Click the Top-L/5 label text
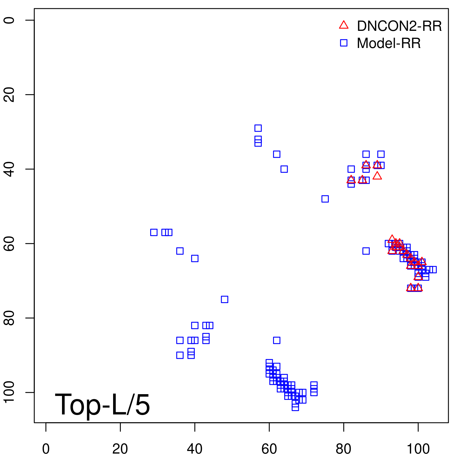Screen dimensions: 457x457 [102, 404]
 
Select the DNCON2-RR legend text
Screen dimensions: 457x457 [399, 26]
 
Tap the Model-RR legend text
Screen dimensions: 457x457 [388, 43]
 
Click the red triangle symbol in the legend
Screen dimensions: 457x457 [344, 25]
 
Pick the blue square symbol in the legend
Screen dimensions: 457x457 [344, 43]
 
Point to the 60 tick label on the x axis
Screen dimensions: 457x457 [269, 449]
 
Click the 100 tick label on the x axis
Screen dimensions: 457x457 [418, 449]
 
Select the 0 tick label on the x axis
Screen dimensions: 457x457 [46, 449]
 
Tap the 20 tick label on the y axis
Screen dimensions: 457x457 [9, 95]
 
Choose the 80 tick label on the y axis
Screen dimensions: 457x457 [9, 318]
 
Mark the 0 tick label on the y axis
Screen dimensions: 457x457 [9, 20]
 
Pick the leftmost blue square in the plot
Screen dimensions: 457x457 [154, 232]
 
